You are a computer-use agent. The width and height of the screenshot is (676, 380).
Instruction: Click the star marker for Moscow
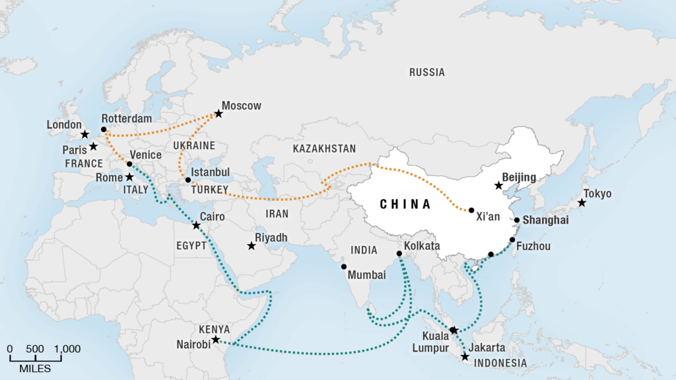[x=219, y=113]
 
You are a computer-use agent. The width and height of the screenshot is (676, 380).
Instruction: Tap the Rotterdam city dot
[x=104, y=129]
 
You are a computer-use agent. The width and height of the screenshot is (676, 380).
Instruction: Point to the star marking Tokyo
[x=582, y=203]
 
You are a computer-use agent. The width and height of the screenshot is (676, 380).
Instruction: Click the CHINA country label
[x=405, y=205]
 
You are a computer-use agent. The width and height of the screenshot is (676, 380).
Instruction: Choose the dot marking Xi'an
[x=471, y=210]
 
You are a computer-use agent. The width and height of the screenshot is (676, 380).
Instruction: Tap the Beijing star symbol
[x=498, y=186]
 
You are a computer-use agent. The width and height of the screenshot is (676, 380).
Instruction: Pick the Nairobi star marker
[x=215, y=340]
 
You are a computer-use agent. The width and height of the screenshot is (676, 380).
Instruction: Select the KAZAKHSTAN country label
[x=325, y=148]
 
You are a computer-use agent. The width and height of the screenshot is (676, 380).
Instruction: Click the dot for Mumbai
[x=344, y=267]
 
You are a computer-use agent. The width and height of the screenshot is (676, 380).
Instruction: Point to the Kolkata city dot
[x=399, y=254]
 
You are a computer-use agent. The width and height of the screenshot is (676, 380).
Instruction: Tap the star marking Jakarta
[x=465, y=357]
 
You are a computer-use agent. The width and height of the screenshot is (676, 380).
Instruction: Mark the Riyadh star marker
[x=252, y=246]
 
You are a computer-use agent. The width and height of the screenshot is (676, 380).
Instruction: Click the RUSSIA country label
[x=427, y=72]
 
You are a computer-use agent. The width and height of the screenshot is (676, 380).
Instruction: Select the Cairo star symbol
[x=196, y=226]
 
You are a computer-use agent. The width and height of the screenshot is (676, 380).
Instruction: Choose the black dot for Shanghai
[x=517, y=220]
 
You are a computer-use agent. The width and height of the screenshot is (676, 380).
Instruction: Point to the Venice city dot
[x=129, y=164]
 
